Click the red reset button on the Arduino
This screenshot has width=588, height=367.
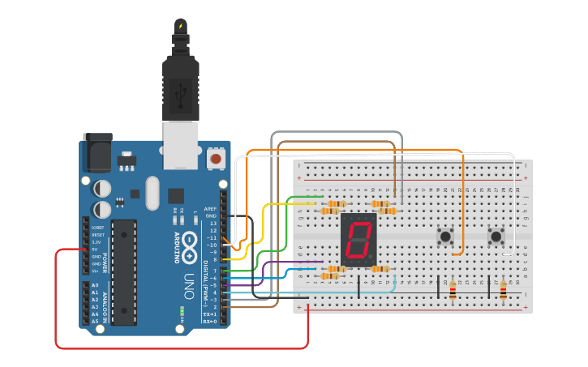[216, 158]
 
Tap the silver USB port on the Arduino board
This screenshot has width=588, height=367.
[180, 145]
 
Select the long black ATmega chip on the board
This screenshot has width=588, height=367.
[123, 271]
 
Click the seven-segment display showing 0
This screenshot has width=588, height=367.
[359, 241]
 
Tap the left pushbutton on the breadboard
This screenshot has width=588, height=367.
[445, 237]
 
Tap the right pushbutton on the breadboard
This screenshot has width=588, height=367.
[496, 237]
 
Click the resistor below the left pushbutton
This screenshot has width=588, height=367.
[452, 290]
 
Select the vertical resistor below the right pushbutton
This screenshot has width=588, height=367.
[503, 290]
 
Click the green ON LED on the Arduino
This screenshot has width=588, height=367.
[183, 310]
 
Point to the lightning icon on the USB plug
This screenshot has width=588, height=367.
[180, 27]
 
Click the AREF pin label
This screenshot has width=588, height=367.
[210, 208]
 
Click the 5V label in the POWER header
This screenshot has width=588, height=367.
[96, 250]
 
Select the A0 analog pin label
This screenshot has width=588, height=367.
[95, 285]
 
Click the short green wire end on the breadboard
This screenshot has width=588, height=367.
[320, 197]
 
